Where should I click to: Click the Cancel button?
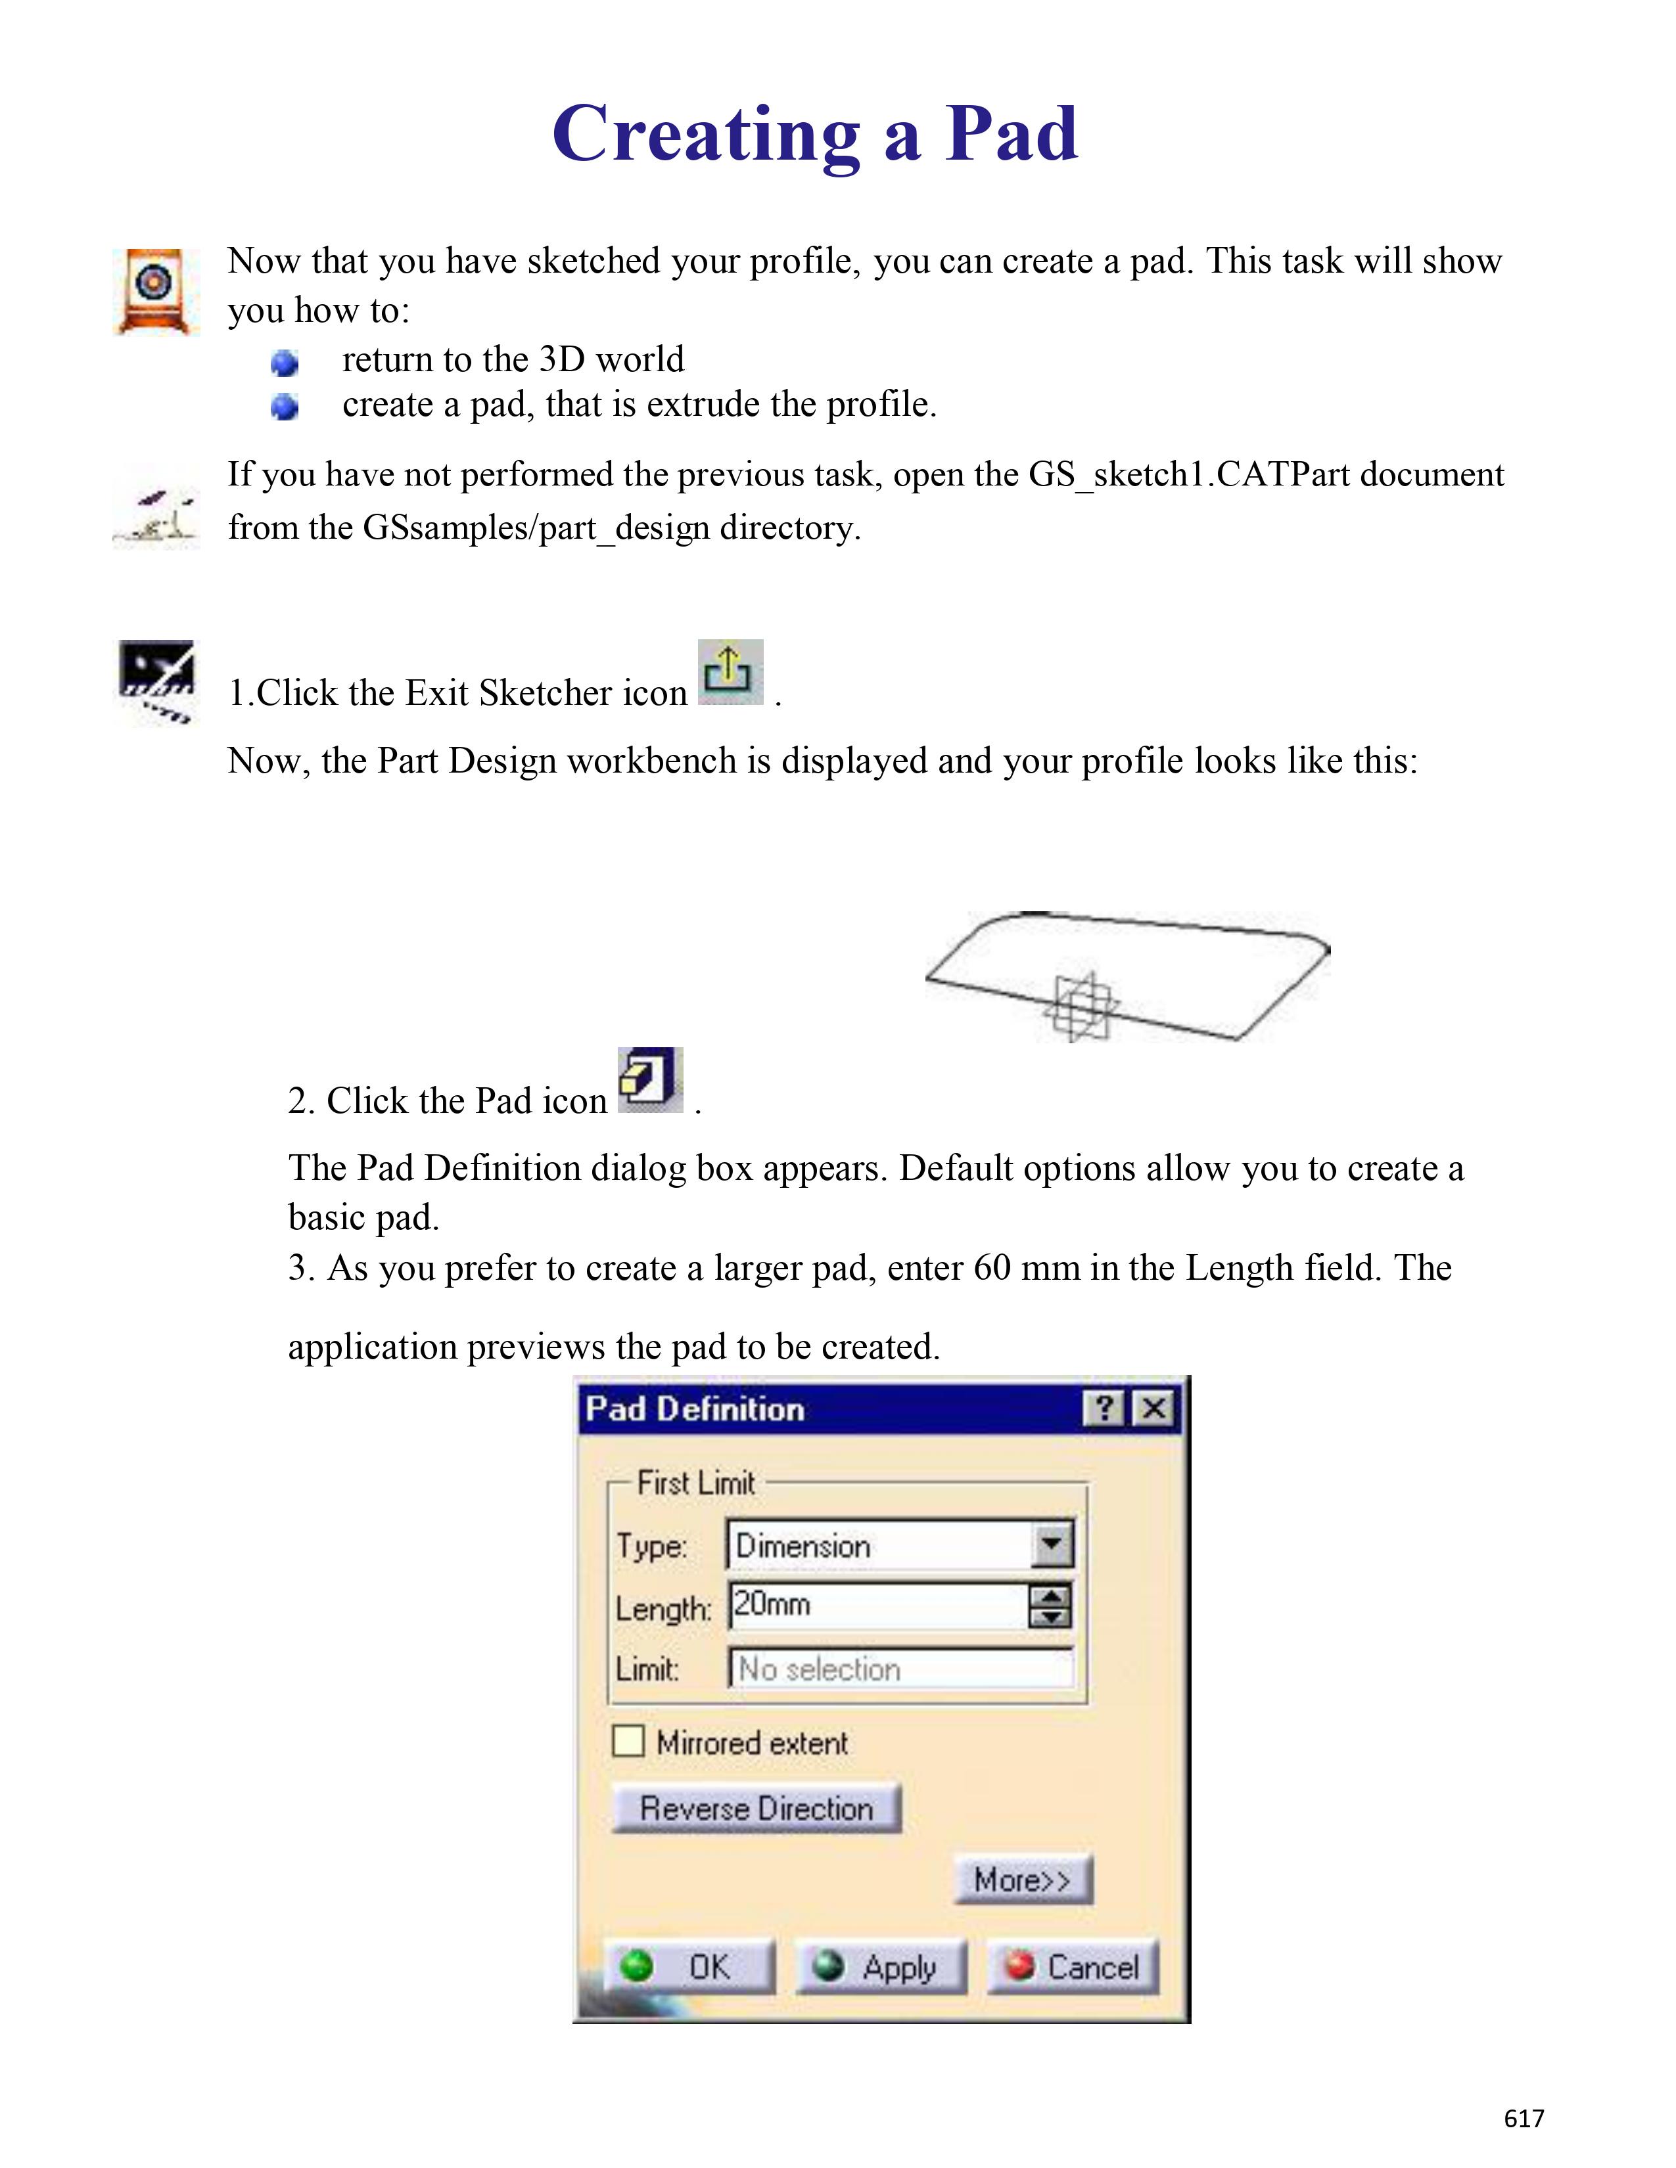[1073, 1966]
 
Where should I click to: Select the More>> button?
[1023, 1879]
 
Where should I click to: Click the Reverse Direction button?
[756, 1808]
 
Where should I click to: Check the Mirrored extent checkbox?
[628, 1741]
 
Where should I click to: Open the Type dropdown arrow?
[1052, 1545]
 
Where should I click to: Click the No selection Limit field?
[900, 1669]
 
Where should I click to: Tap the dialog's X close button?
[1153, 1408]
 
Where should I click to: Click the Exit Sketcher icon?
[730, 672]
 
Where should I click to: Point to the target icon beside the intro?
[155, 291]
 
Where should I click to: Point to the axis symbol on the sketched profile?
[1081, 1006]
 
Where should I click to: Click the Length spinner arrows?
[1050, 1605]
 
